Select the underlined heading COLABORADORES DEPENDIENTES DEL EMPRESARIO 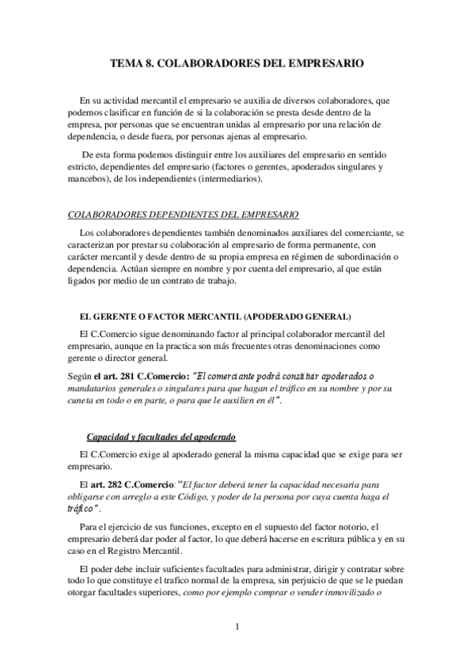(x=184, y=214)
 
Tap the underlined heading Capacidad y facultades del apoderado (x=160, y=438)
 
